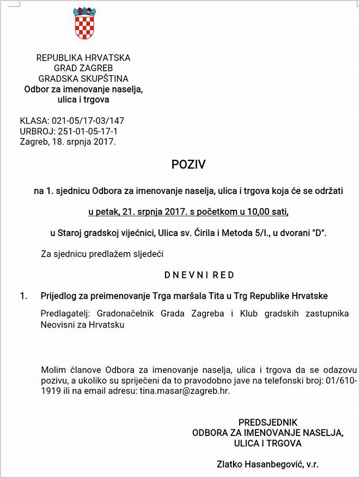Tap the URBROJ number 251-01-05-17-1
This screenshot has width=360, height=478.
tap(89, 131)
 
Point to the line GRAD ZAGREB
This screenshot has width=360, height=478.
tap(83, 68)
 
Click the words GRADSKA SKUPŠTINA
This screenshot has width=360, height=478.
tap(83, 78)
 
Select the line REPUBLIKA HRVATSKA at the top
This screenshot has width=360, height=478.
tap(83, 58)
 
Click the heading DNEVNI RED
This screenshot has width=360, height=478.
tap(199, 275)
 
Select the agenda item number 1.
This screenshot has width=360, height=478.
tap(23, 296)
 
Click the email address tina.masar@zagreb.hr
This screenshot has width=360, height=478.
tap(187, 391)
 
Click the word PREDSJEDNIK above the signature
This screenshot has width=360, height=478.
tap(267, 422)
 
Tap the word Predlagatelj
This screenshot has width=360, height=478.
tap(64, 314)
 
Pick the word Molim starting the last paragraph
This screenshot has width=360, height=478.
tap(53, 371)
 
